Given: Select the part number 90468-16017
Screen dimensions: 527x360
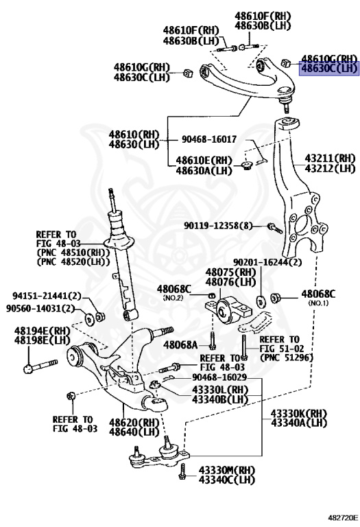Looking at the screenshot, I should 209,139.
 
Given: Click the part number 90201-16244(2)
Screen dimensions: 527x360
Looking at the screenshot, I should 267,262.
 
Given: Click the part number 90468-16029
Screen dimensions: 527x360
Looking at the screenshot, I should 219,378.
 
